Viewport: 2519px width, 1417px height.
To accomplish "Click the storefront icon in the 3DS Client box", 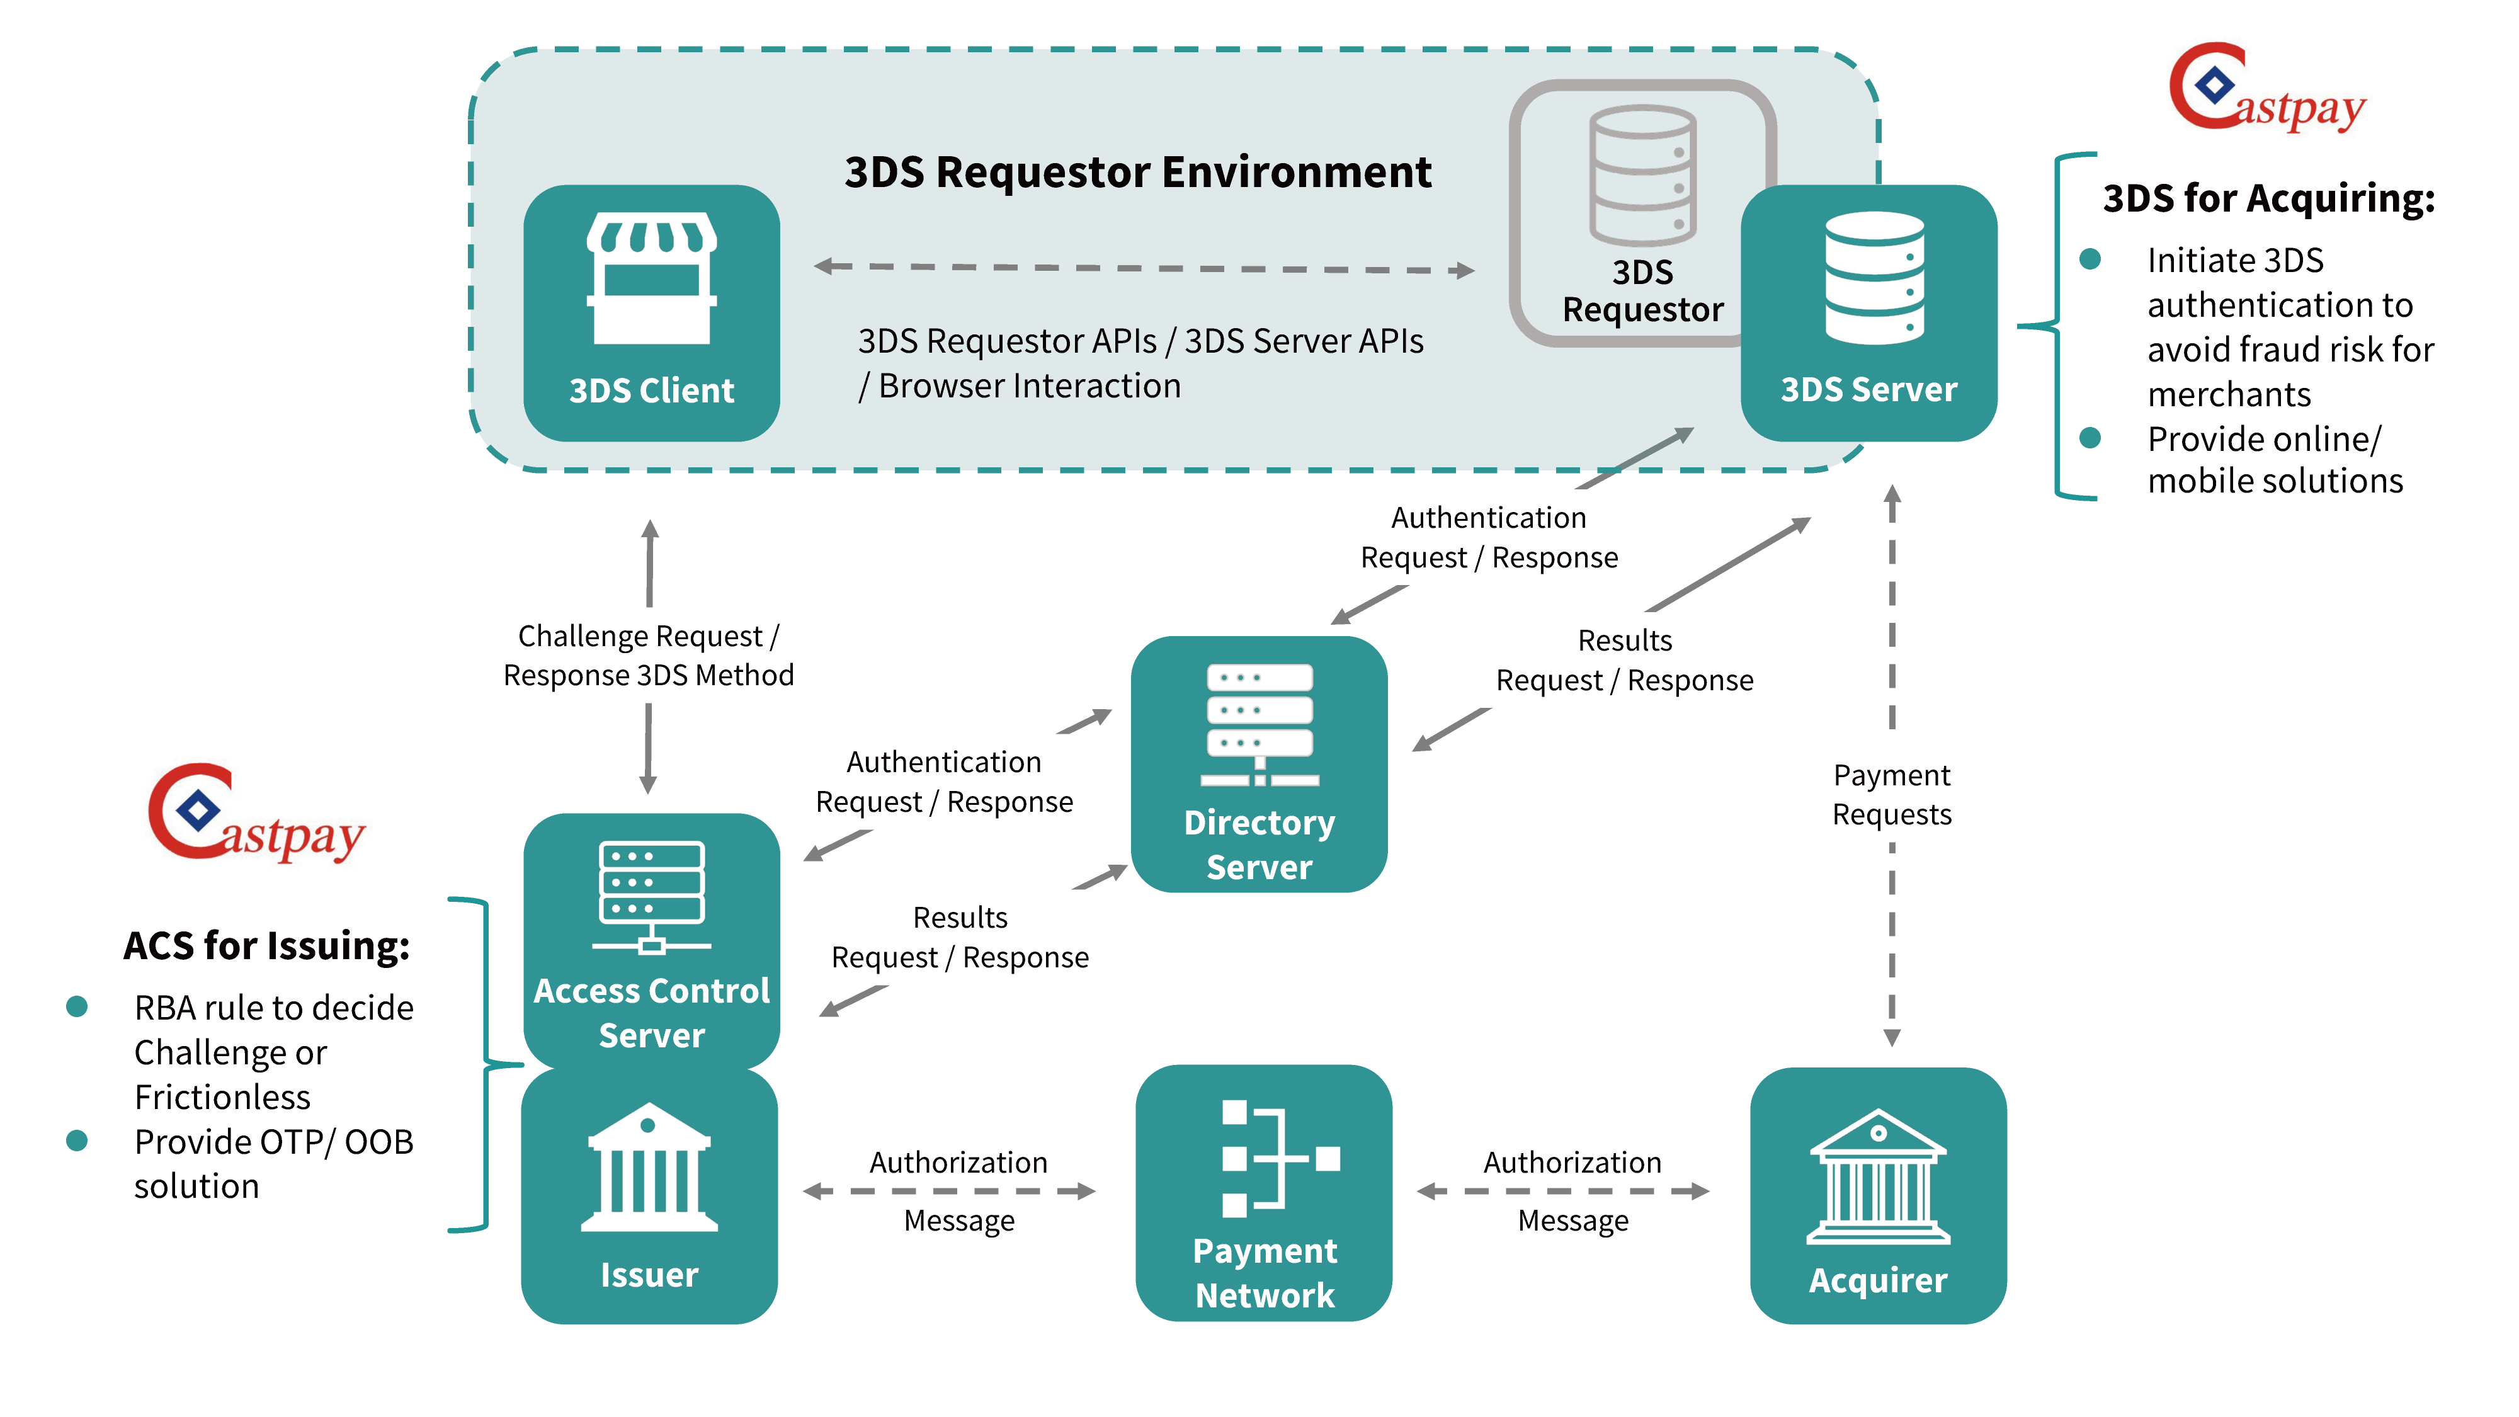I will (651, 279).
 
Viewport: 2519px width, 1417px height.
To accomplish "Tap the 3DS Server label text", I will (1868, 389).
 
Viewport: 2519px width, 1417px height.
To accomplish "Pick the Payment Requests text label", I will (1891, 794).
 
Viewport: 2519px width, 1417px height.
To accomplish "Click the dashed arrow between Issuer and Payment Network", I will (948, 1191).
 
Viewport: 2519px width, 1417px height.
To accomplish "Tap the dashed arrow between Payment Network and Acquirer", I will (1562, 1191).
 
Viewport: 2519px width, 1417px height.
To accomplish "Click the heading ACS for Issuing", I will (266, 946).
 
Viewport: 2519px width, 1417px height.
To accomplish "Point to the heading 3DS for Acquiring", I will (2268, 198).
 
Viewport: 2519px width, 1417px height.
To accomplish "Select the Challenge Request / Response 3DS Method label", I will (649, 655).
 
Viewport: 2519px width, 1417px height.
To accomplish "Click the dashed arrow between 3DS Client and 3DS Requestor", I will (1144, 268).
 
